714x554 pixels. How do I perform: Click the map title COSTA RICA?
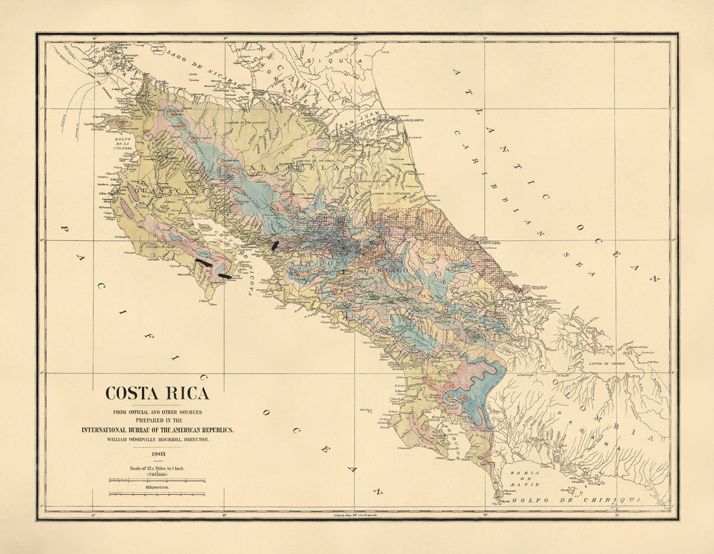coord(157,394)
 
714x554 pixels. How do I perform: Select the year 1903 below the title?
coord(157,454)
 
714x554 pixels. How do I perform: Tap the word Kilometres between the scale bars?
coord(157,486)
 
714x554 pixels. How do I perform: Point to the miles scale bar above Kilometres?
coord(157,481)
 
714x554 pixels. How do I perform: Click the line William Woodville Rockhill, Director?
coord(157,440)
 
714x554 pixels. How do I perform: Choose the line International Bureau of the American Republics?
coord(157,430)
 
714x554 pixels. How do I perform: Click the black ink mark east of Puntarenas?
coord(275,246)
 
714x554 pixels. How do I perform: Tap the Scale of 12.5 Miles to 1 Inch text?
coord(157,468)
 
